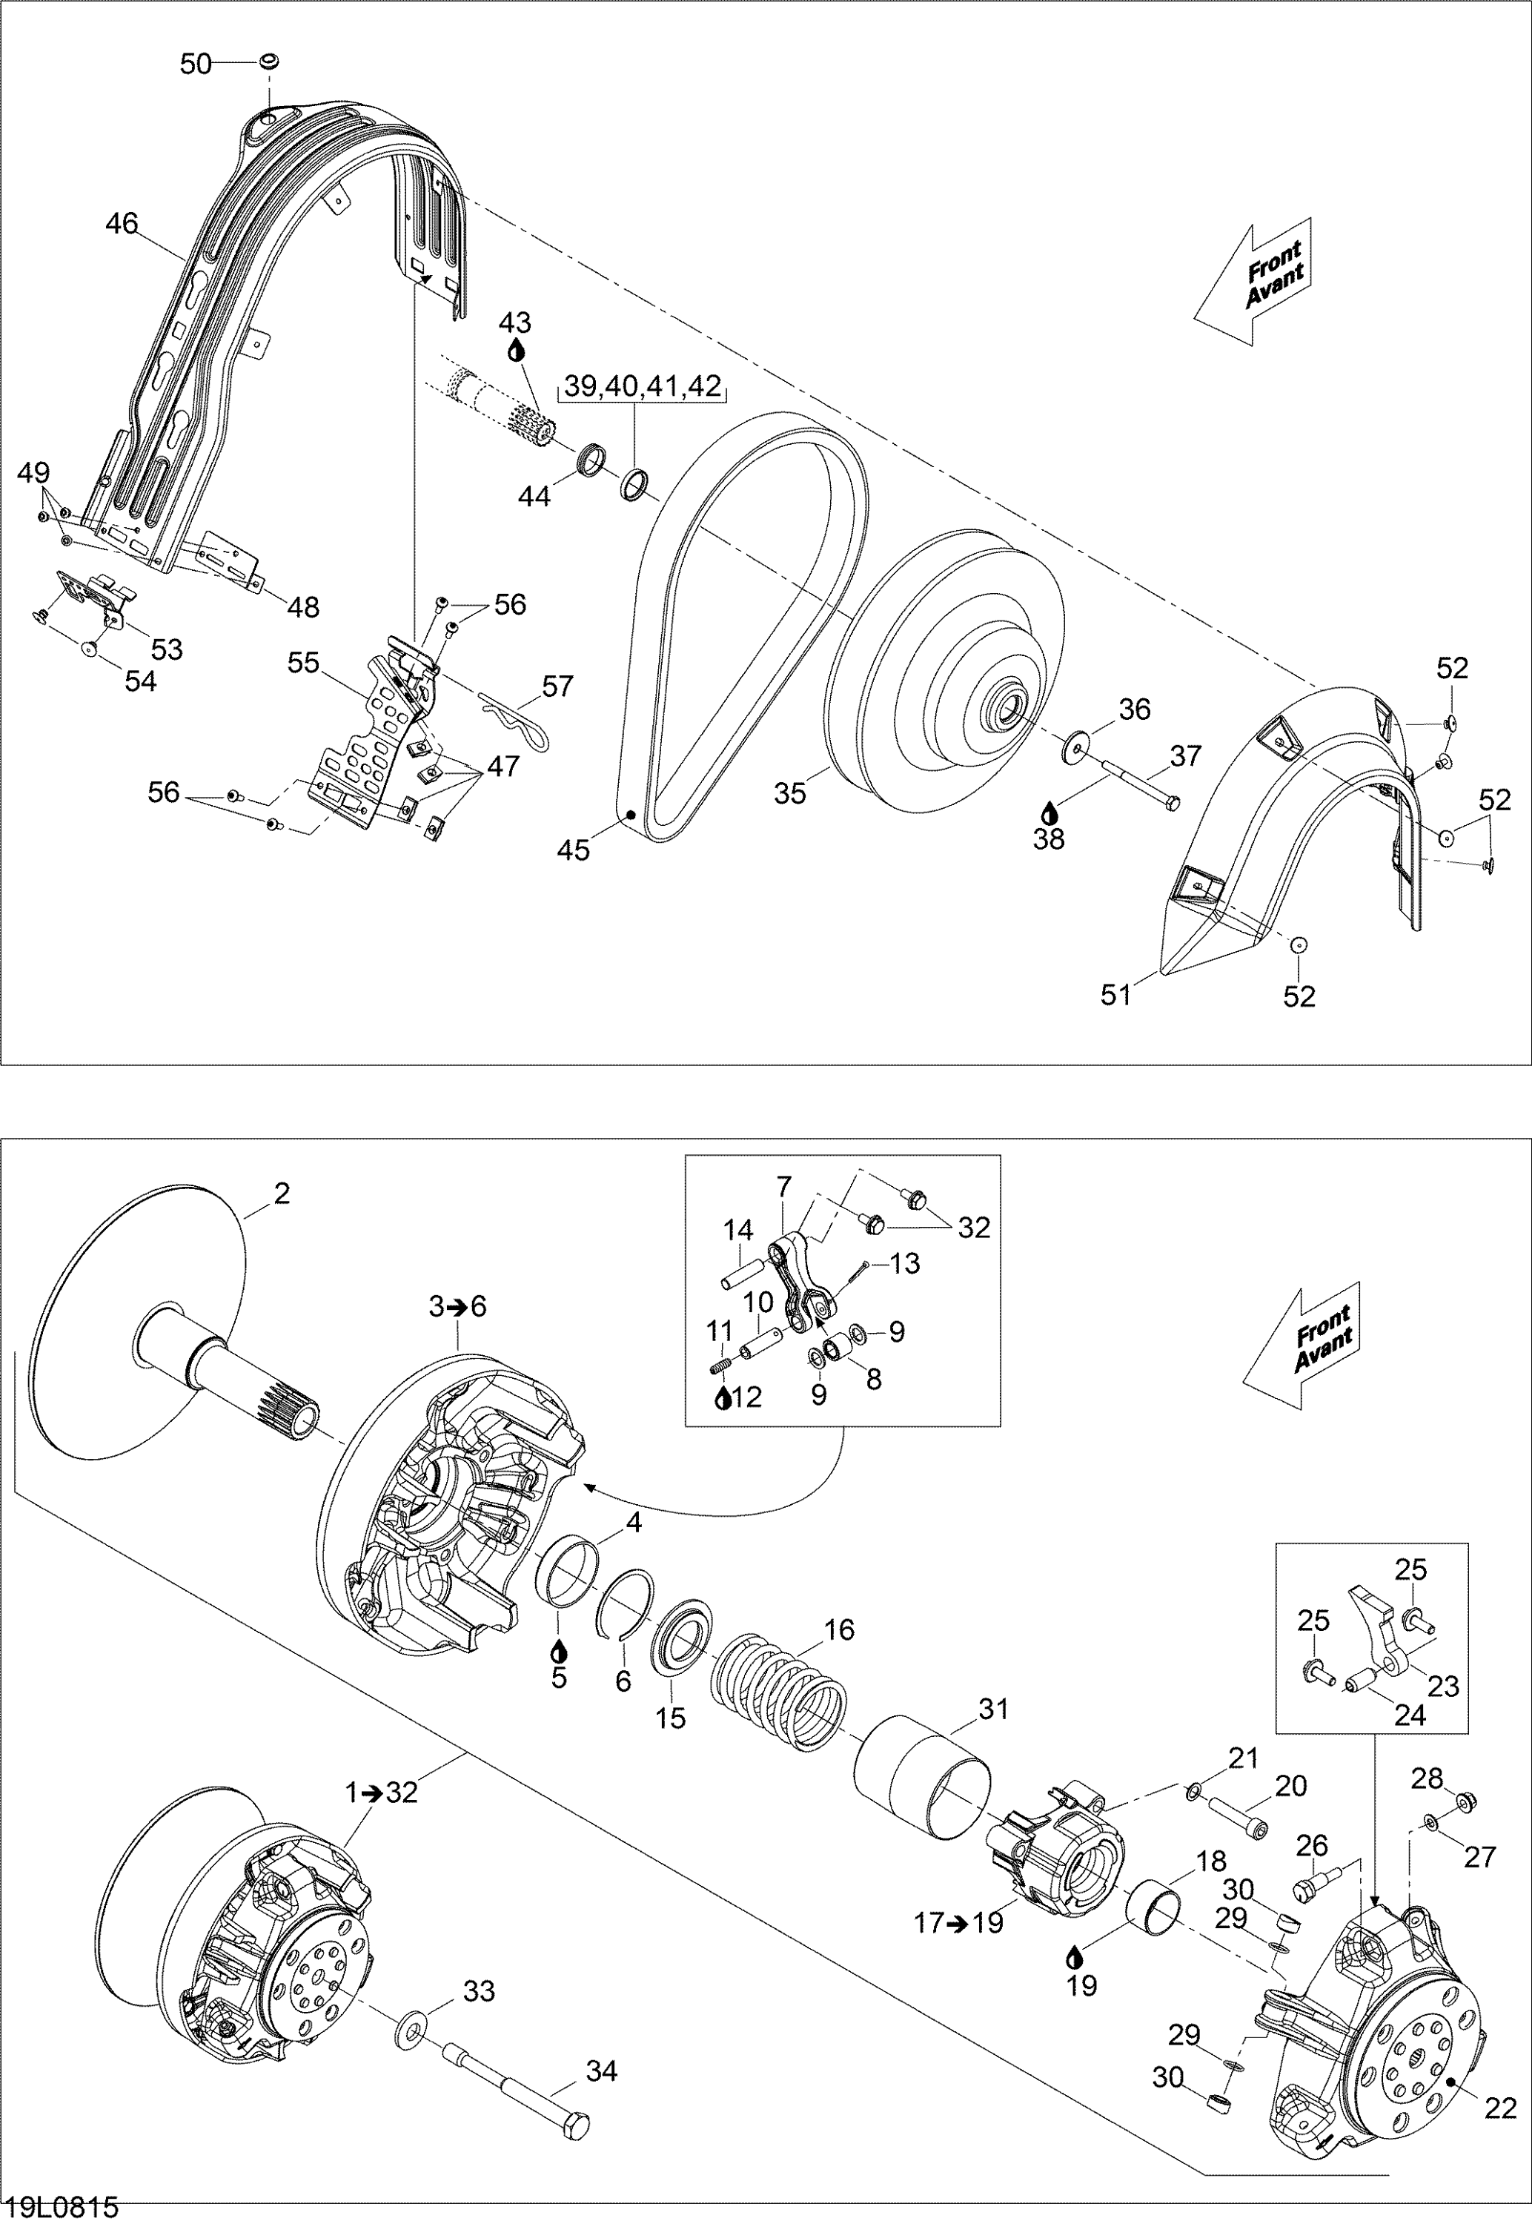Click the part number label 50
point(195,64)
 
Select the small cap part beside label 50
point(268,62)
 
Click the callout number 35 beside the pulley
point(790,794)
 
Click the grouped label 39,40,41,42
point(642,386)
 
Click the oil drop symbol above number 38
point(1049,810)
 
